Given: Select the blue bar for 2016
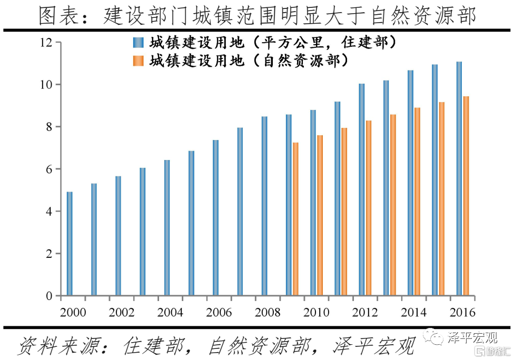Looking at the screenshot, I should [459, 179].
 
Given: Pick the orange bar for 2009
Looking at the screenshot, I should [295, 219].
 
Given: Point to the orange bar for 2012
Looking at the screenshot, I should [369, 208].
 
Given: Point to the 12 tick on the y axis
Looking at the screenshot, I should [47, 43].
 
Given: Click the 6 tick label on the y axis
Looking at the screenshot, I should [48, 169].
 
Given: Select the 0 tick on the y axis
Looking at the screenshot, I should [48, 296].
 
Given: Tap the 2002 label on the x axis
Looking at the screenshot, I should [122, 313].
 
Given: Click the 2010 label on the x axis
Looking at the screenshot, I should [317, 313].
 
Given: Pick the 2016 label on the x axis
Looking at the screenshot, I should [462, 313].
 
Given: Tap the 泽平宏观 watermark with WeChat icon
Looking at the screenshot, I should [463, 337].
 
